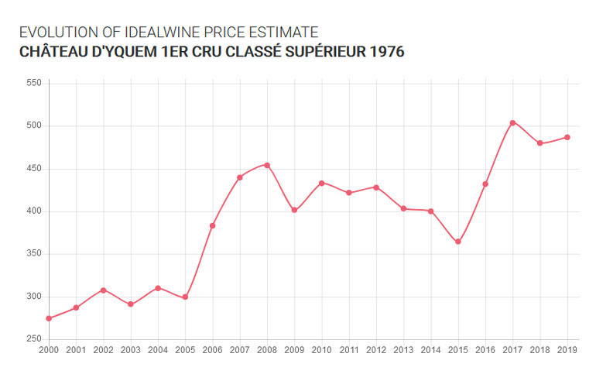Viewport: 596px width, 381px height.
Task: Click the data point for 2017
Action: click(512, 122)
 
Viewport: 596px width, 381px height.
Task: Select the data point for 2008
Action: click(267, 165)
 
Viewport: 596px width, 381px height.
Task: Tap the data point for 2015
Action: click(458, 242)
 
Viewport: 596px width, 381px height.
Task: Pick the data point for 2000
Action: click(49, 318)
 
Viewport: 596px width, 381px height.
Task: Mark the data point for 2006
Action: click(212, 225)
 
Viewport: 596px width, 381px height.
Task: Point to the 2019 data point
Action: click(567, 137)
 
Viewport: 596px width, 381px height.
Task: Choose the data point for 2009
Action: click(294, 210)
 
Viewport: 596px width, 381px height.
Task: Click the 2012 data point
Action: click(376, 187)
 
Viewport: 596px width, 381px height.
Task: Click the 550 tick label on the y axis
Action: click(33, 82)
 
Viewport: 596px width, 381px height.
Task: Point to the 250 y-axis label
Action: click(33, 339)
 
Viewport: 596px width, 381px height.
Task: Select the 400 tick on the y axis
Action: click(33, 211)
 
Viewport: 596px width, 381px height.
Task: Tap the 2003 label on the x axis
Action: click(130, 351)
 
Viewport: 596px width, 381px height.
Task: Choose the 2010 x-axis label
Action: click(321, 351)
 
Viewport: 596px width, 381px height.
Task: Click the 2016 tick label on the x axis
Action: click(485, 351)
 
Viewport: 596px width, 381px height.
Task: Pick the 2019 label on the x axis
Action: click(567, 351)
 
